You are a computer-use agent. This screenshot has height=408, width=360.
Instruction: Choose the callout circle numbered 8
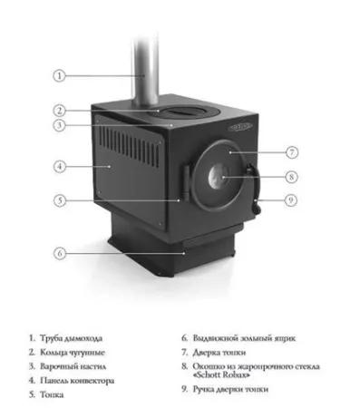(x=292, y=177)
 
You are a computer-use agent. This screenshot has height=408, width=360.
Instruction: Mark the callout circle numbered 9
(x=292, y=199)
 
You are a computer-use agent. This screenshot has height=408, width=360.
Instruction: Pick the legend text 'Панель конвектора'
(x=77, y=380)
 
